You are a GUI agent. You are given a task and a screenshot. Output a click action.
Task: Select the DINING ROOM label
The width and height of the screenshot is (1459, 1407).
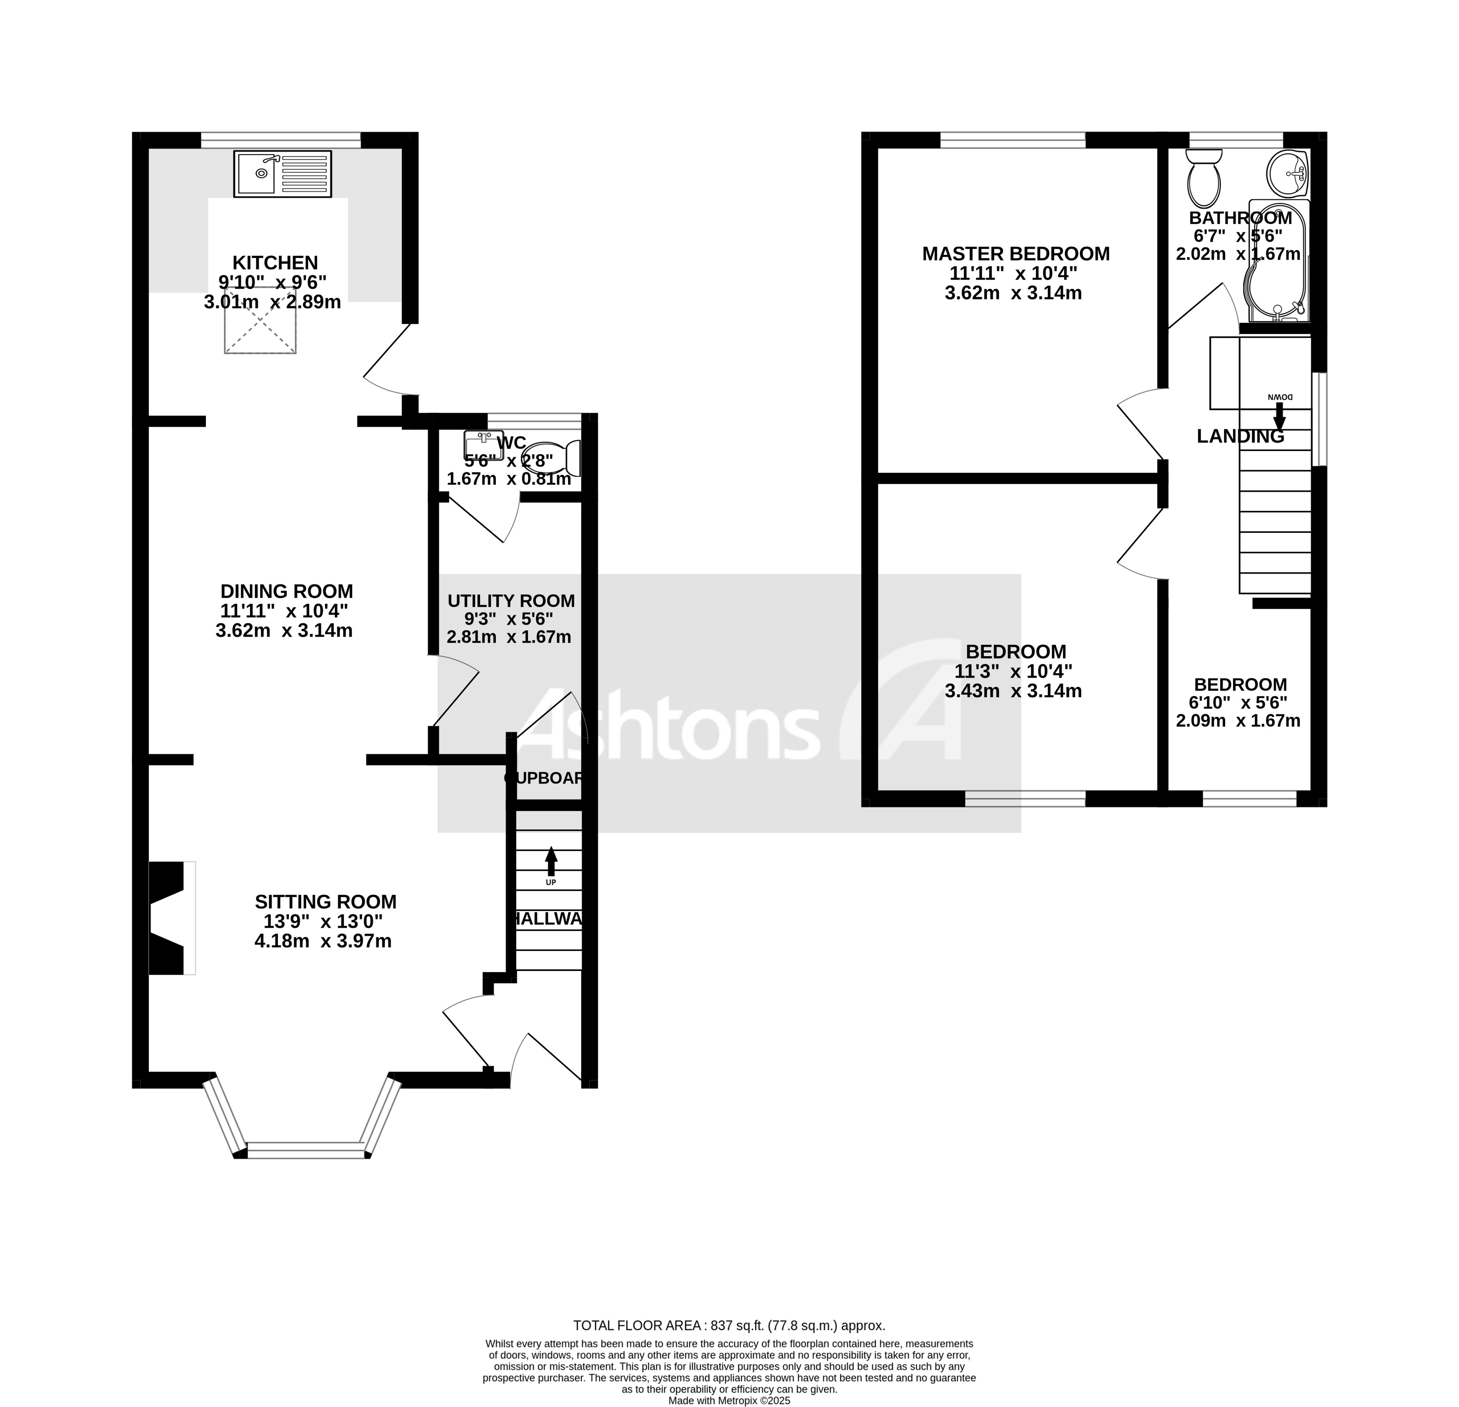tap(287, 591)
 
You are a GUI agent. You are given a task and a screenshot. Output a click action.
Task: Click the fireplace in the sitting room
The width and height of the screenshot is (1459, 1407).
tap(168, 918)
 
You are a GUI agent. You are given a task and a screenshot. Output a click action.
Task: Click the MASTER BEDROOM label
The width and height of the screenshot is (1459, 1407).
tap(1016, 254)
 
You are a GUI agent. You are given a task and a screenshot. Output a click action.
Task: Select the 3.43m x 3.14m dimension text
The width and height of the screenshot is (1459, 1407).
tap(1013, 691)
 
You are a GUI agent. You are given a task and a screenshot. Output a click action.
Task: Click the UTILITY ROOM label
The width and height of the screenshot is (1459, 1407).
tap(510, 601)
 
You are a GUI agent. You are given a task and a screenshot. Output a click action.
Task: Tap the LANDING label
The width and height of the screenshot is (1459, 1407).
tap(1240, 437)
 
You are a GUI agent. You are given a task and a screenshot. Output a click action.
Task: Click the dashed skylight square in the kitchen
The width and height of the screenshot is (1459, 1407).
tap(260, 325)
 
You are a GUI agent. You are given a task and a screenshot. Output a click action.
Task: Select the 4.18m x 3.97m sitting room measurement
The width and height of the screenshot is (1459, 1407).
tap(323, 941)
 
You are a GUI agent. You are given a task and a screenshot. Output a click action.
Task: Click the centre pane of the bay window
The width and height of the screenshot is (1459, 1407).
tap(307, 1150)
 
